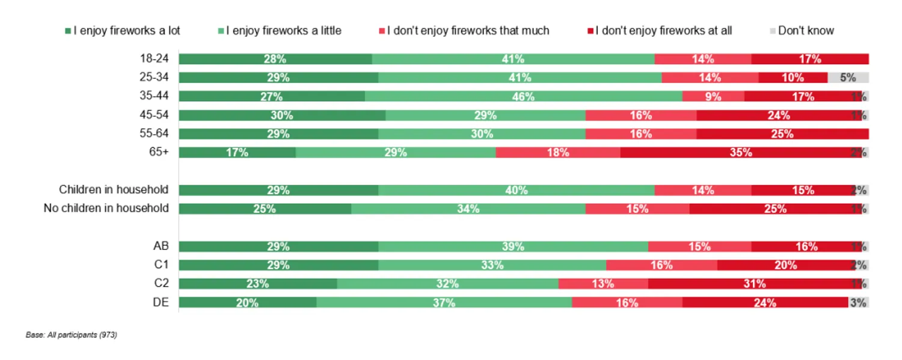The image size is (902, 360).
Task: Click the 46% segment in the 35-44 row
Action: [x=523, y=96]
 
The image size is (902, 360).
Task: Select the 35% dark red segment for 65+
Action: [x=740, y=153]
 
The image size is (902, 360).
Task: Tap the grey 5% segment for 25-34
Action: [x=848, y=78]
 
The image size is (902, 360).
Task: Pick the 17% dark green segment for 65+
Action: [x=237, y=153]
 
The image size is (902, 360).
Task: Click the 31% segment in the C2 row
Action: [x=754, y=284]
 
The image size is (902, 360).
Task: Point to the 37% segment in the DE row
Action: [x=444, y=303]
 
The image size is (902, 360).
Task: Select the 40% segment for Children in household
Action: [x=516, y=191]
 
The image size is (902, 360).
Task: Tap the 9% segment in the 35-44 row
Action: [x=713, y=96]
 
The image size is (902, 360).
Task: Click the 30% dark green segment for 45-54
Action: [x=282, y=115]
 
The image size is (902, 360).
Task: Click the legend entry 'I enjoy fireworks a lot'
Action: [x=126, y=31]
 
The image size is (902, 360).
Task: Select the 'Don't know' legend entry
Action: [x=805, y=31]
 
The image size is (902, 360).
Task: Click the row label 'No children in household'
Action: [x=106, y=209]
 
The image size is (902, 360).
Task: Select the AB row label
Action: [x=161, y=246]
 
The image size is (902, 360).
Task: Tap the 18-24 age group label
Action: [x=154, y=58]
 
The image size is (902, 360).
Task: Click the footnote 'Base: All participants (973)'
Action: [x=71, y=335]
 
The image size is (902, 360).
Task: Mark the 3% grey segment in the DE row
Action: [x=858, y=303]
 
